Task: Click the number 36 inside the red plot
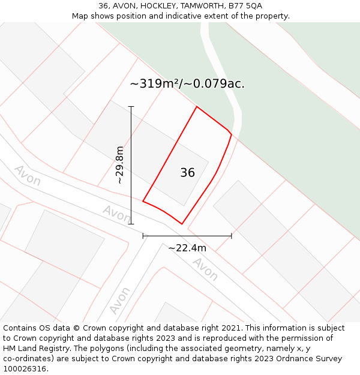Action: [187, 173]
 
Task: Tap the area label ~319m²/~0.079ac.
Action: [187, 84]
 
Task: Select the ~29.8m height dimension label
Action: [119, 165]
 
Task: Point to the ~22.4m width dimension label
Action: [187, 248]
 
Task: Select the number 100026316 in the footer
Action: [23, 368]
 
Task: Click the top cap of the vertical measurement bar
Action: [131, 107]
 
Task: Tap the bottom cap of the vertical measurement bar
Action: [131, 224]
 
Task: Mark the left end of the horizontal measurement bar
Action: [143, 236]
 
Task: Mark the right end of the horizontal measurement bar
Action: [232, 236]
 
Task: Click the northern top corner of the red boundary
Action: [197, 107]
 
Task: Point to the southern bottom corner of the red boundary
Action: [182, 224]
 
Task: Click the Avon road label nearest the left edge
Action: [27, 175]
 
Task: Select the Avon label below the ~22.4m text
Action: [205, 269]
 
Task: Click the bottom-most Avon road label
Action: [120, 300]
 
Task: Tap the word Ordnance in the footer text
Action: [293, 359]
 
